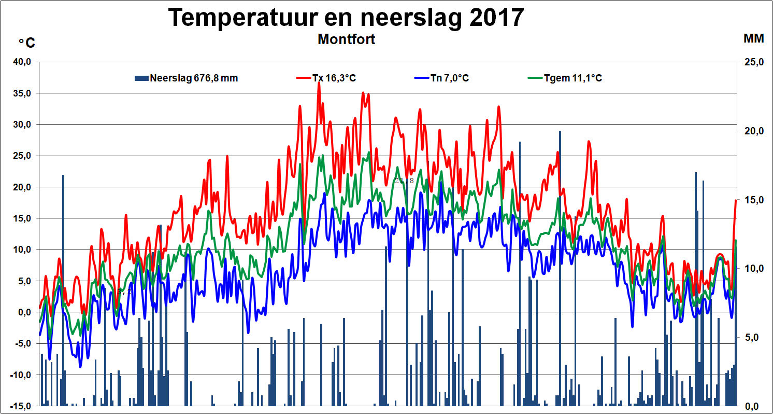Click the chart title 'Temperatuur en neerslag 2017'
click(346, 17)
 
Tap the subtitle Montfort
click(346, 39)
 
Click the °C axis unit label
click(26, 43)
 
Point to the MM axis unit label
click(754, 38)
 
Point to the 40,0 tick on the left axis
click(22, 62)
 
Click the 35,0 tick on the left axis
click(22, 93)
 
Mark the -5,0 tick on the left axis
click(22, 343)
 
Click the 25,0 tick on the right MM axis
click(754, 62)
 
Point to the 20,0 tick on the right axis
click(754, 131)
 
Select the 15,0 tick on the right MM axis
click(754, 200)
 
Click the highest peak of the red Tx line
click(319, 83)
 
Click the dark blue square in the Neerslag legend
click(141, 78)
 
